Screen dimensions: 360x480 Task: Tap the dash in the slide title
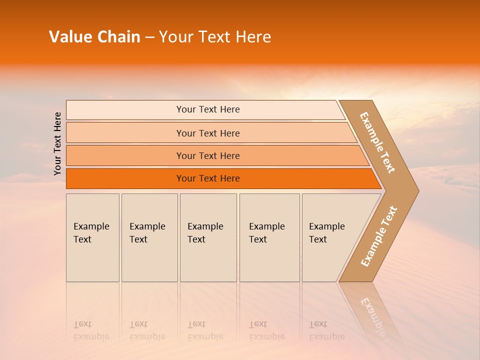pyautogui.click(x=149, y=37)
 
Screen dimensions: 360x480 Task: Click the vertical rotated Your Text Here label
pyautogui.click(x=57, y=143)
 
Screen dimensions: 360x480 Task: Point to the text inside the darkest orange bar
pyautogui.click(x=208, y=178)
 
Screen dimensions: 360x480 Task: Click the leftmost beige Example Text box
pyautogui.click(x=92, y=237)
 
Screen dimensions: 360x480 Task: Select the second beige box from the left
pyautogui.click(x=149, y=237)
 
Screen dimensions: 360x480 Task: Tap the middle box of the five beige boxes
pyautogui.click(x=208, y=237)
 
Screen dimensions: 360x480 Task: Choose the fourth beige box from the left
pyautogui.click(x=269, y=237)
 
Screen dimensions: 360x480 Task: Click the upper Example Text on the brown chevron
pyautogui.click(x=377, y=142)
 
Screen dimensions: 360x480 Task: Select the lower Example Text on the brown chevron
pyautogui.click(x=379, y=236)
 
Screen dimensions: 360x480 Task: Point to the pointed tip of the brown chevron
pyautogui.click(x=416, y=190)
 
